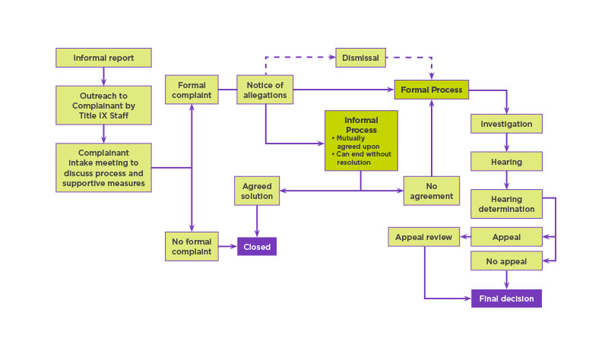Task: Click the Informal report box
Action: [103, 58]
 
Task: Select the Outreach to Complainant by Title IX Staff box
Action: [103, 103]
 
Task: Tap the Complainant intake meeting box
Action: [103, 168]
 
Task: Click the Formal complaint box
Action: [192, 90]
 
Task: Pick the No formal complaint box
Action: [192, 247]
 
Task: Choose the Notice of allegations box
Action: [265, 90]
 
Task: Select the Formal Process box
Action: [431, 90]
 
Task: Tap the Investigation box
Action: [506, 124]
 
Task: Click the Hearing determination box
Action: [506, 204]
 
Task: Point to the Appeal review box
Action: [424, 237]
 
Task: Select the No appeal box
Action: [506, 261]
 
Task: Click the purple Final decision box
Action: [506, 298]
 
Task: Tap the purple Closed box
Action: [257, 247]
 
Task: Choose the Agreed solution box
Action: [257, 191]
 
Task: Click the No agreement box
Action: [431, 191]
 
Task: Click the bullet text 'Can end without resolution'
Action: [362, 159]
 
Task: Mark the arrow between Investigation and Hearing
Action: [506, 143]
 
